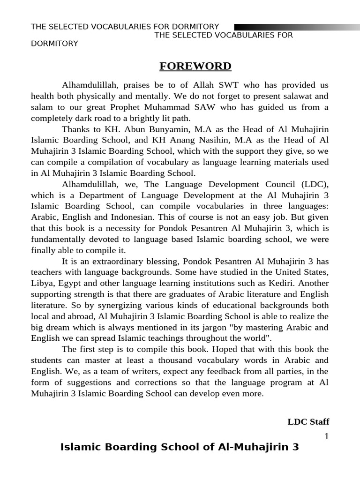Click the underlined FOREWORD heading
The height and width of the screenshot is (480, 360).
[195, 66]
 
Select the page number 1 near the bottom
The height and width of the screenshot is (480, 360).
[327, 436]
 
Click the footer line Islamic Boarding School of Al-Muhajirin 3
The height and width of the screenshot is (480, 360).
[180, 447]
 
